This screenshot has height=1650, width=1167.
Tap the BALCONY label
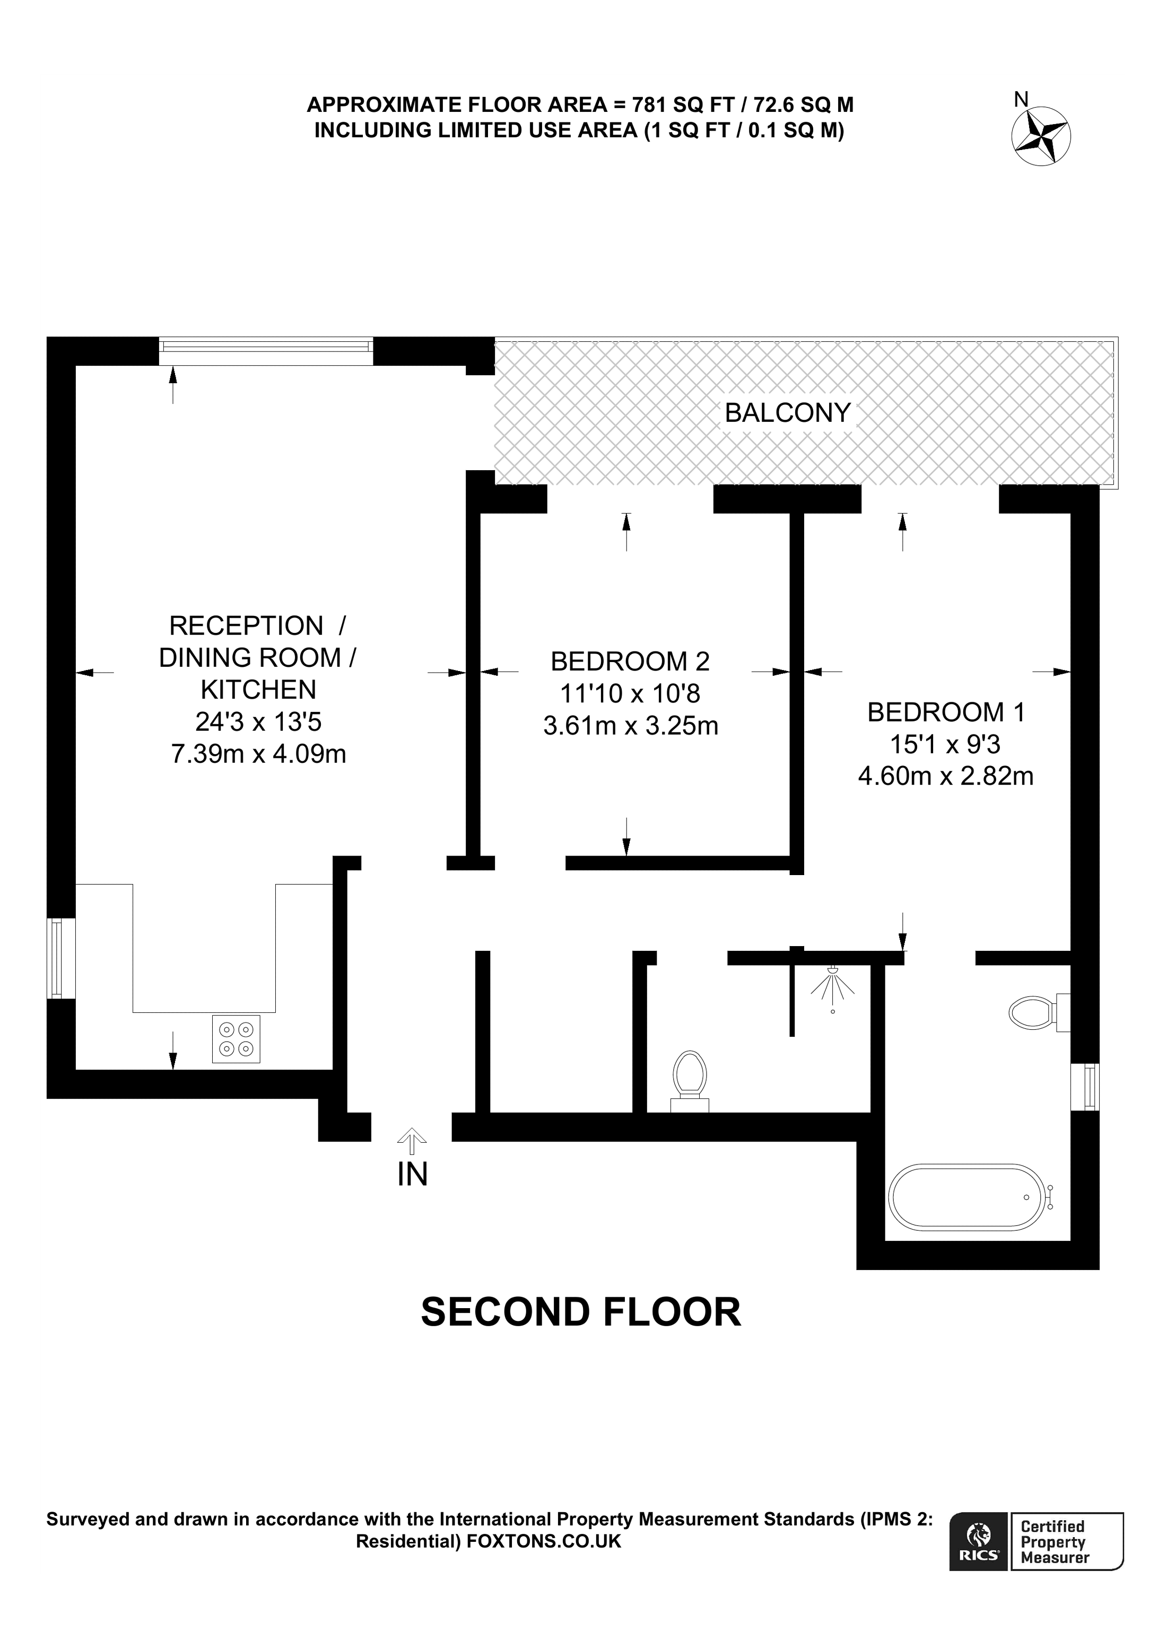coord(787,412)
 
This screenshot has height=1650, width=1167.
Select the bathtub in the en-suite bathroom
coord(966,1196)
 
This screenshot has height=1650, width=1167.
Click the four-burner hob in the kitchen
coord(236,1038)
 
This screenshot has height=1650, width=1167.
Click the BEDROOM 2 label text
coord(630,660)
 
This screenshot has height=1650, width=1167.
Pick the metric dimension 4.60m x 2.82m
coord(946,776)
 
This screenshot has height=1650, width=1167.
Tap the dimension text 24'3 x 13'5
coord(258,721)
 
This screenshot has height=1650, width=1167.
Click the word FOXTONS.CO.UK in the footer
coord(542,1541)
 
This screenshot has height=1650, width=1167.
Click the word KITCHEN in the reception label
coord(258,689)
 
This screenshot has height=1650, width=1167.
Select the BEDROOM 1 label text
coord(946,711)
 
